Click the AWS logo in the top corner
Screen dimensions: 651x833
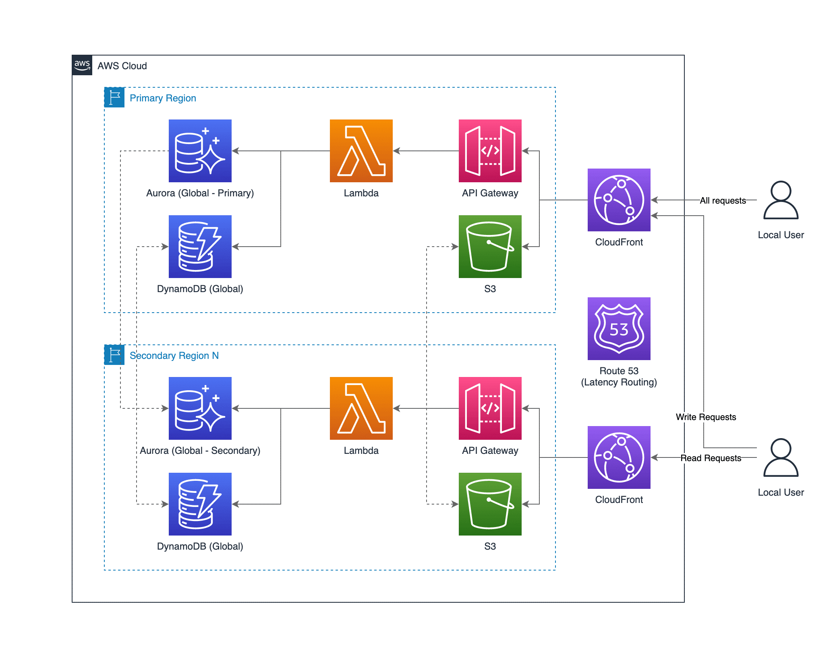pyautogui.click(x=82, y=65)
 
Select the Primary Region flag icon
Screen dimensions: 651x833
pyautogui.click(x=114, y=97)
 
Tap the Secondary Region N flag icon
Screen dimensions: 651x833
pyautogui.click(x=114, y=355)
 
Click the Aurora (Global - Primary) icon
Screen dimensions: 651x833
pyautogui.click(x=200, y=151)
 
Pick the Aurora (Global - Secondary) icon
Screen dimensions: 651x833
pyautogui.click(x=200, y=408)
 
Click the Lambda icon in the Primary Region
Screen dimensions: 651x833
pyautogui.click(x=361, y=151)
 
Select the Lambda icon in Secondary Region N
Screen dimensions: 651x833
pyautogui.click(x=361, y=408)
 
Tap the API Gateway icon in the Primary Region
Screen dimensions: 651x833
pyautogui.click(x=490, y=151)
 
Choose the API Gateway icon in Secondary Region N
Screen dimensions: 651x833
pyautogui.click(x=490, y=408)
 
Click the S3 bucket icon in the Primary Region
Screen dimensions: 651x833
pyautogui.click(x=490, y=247)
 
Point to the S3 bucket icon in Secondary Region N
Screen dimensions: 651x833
pyautogui.click(x=490, y=504)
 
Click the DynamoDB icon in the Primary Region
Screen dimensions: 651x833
pyautogui.click(x=200, y=247)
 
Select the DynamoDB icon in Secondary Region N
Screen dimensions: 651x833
pyautogui.click(x=200, y=504)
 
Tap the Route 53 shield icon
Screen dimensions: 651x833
pyautogui.click(x=619, y=329)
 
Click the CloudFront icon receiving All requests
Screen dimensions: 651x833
pyautogui.click(x=619, y=200)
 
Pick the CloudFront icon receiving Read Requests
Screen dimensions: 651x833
pyautogui.click(x=619, y=457)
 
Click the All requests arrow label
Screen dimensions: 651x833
pyautogui.click(x=723, y=200)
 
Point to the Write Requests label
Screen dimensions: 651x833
pyautogui.click(x=706, y=417)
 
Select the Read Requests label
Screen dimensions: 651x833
pyautogui.click(x=711, y=458)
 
